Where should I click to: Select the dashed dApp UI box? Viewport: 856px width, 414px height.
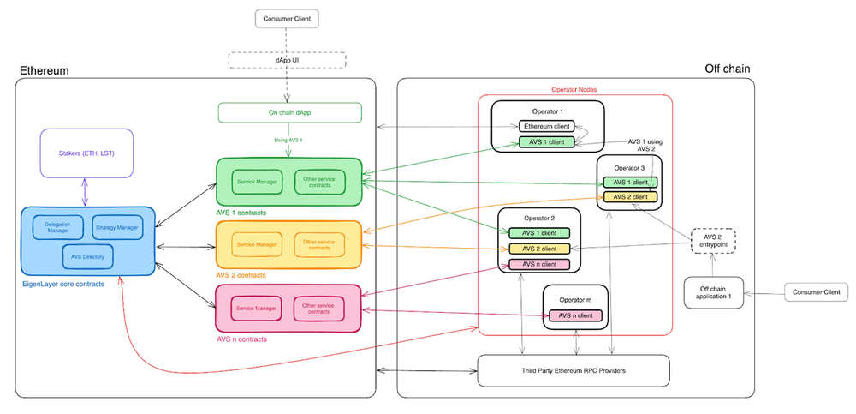pyautogui.click(x=286, y=60)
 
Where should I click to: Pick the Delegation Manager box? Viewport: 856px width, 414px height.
pyautogui.click(x=58, y=227)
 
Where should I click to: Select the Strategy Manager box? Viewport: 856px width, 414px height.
pyautogui.click(x=116, y=227)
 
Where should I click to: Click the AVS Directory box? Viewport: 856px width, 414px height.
pyautogui.click(x=86, y=255)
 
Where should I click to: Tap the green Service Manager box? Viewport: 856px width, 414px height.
pyautogui.click(x=257, y=182)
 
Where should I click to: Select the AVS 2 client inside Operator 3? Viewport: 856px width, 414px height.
pyautogui.click(x=629, y=197)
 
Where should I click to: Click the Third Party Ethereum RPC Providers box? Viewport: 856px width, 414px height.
pyautogui.click(x=572, y=370)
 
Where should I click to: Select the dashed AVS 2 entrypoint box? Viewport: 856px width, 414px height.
pyautogui.click(x=713, y=243)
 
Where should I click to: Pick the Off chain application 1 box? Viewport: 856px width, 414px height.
pyautogui.click(x=713, y=293)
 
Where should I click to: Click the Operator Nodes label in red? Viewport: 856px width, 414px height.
pyautogui.click(x=574, y=89)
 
